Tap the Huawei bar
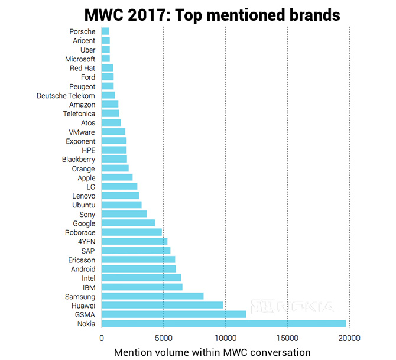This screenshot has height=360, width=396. [162, 305]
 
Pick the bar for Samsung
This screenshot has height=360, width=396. [152, 296]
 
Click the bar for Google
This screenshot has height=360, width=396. [128, 223]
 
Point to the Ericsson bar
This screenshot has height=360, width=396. [138, 260]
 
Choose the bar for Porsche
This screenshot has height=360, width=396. [105, 31]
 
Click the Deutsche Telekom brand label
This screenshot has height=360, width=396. [66, 95]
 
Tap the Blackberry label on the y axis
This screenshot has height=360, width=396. [78, 160]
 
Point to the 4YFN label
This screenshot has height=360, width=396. [86, 241]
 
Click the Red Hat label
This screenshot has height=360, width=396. [82, 68]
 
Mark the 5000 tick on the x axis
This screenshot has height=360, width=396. [163, 339]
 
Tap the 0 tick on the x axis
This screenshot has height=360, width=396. [102, 339]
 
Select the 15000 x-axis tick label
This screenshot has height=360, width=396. [287, 339]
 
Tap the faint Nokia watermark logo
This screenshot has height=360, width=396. [294, 307]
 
